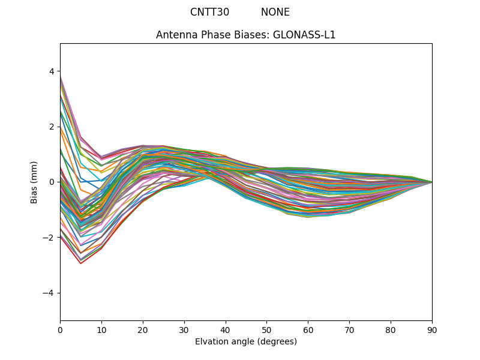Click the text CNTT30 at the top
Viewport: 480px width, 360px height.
[x=209, y=12]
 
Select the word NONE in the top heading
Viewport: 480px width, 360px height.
[x=275, y=12]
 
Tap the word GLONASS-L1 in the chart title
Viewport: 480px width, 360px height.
[x=304, y=35]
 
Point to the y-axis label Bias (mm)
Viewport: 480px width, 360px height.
[x=34, y=182]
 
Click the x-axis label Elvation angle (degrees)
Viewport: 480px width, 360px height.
[x=246, y=341]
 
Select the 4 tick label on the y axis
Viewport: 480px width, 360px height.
[x=51, y=71]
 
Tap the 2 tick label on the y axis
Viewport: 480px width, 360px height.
[x=51, y=127]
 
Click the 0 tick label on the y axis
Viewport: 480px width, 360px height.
[x=51, y=182]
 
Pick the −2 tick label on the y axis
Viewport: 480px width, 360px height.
[x=49, y=238]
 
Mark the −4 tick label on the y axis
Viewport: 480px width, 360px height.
[x=49, y=293]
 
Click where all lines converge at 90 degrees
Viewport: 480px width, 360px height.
[x=431, y=182]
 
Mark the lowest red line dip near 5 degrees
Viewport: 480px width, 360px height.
[x=80, y=263]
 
